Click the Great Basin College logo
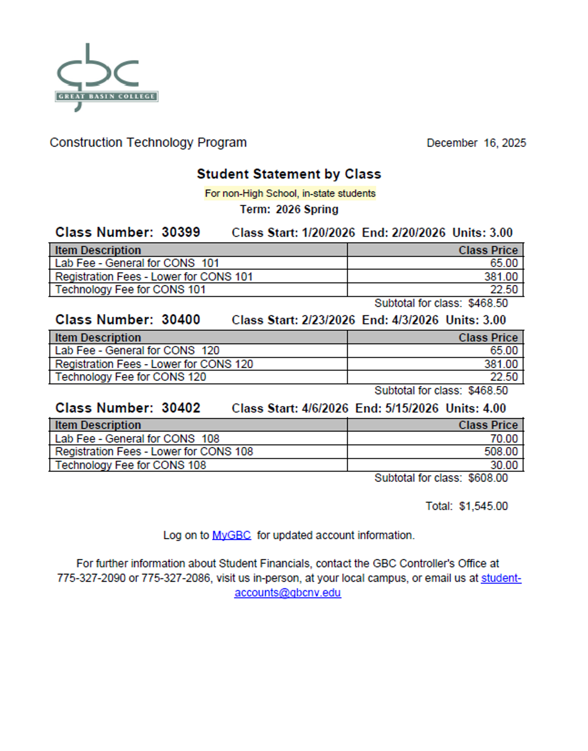click(x=106, y=77)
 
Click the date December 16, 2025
click(x=476, y=143)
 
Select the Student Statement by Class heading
click(x=289, y=174)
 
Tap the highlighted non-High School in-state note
click(x=290, y=193)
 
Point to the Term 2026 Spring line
click(x=289, y=209)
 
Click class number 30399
click(x=181, y=232)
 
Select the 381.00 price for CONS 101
click(x=501, y=277)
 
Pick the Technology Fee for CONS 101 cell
click(x=130, y=290)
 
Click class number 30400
click(x=181, y=320)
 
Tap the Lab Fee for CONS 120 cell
click(x=137, y=351)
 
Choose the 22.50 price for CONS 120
click(x=503, y=377)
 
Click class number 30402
click(x=181, y=408)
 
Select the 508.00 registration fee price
click(x=501, y=452)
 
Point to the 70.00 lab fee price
click(x=503, y=439)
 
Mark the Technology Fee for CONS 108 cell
click(x=130, y=465)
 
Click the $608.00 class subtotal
click(x=488, y=478)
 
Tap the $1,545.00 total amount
click(x=483, y=506)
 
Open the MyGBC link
click(x=231, y=535)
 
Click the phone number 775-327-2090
click(x=91, y=578)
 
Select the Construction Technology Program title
click(x=148, y=143)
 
